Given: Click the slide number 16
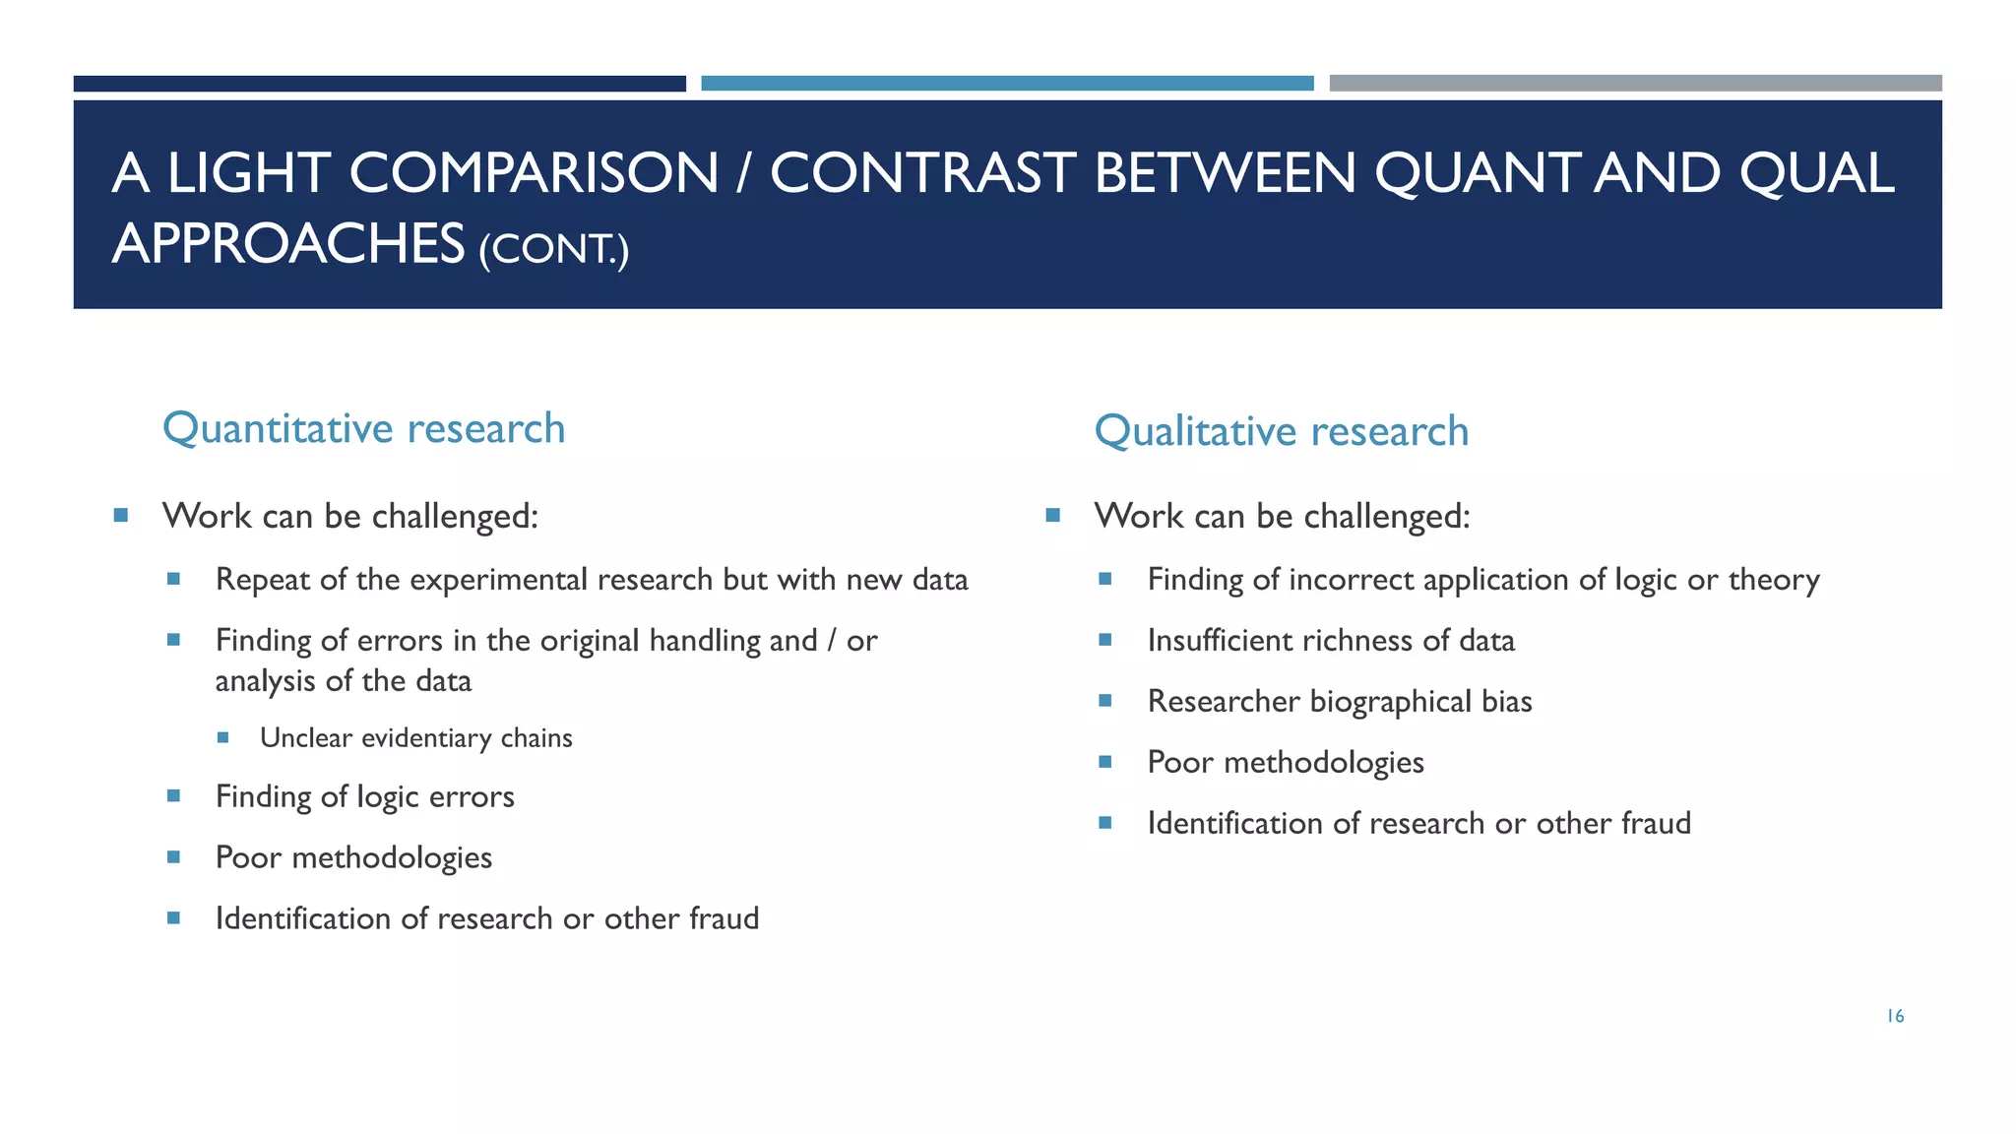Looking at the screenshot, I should [1895, 1016].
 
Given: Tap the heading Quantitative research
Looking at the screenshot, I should [363, 428].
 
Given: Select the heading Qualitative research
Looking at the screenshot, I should [1281, 431].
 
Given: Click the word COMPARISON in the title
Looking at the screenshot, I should [534, 173].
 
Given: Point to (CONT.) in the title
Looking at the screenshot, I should [553, 248].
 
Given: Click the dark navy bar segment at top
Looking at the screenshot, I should [379, 84].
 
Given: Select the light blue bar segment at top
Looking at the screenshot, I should [1007, 84].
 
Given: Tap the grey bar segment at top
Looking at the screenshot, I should [1635, 84].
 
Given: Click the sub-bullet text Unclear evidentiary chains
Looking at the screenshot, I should [415, 738].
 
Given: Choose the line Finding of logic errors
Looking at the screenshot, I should [364, 796].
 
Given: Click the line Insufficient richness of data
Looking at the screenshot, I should [1330, 641].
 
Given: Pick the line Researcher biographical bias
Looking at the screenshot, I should [1339, 702].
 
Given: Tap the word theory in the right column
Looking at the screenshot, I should [1774, 580].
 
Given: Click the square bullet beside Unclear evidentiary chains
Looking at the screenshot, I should [223, 737].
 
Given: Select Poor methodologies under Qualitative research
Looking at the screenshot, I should [1285, 763].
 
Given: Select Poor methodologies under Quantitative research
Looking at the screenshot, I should [353, 857].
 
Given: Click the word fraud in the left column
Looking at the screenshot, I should [724, 918].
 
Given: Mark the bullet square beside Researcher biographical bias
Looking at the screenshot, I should [1105, 701].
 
